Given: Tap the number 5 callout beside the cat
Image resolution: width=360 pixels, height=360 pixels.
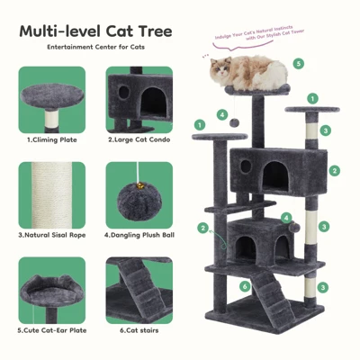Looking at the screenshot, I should point(298,64).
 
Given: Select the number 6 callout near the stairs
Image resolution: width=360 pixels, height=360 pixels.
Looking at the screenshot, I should point(245,286).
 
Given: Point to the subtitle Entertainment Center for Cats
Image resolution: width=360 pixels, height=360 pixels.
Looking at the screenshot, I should point(96,47).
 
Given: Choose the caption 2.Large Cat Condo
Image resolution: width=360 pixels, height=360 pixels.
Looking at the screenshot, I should point(137,140).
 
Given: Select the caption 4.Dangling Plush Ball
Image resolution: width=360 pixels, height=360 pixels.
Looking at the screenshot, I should point(138,235).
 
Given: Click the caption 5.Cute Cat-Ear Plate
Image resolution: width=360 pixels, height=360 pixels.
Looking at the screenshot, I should point(50,330).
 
